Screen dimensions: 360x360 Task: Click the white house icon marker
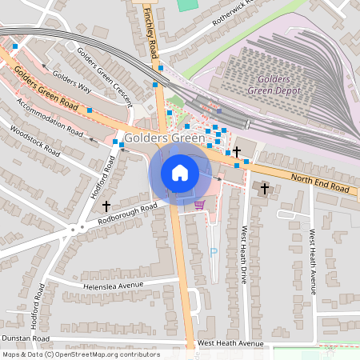click(180, 172)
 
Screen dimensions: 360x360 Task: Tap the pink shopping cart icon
click(199, 205)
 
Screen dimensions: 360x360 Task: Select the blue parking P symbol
click(213, 251)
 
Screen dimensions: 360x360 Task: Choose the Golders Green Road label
click(46, 89)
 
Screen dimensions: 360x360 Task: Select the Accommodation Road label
click(50, 117)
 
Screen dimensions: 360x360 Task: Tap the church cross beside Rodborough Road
click(106, 206)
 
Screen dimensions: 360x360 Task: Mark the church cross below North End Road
click(265, 188)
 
